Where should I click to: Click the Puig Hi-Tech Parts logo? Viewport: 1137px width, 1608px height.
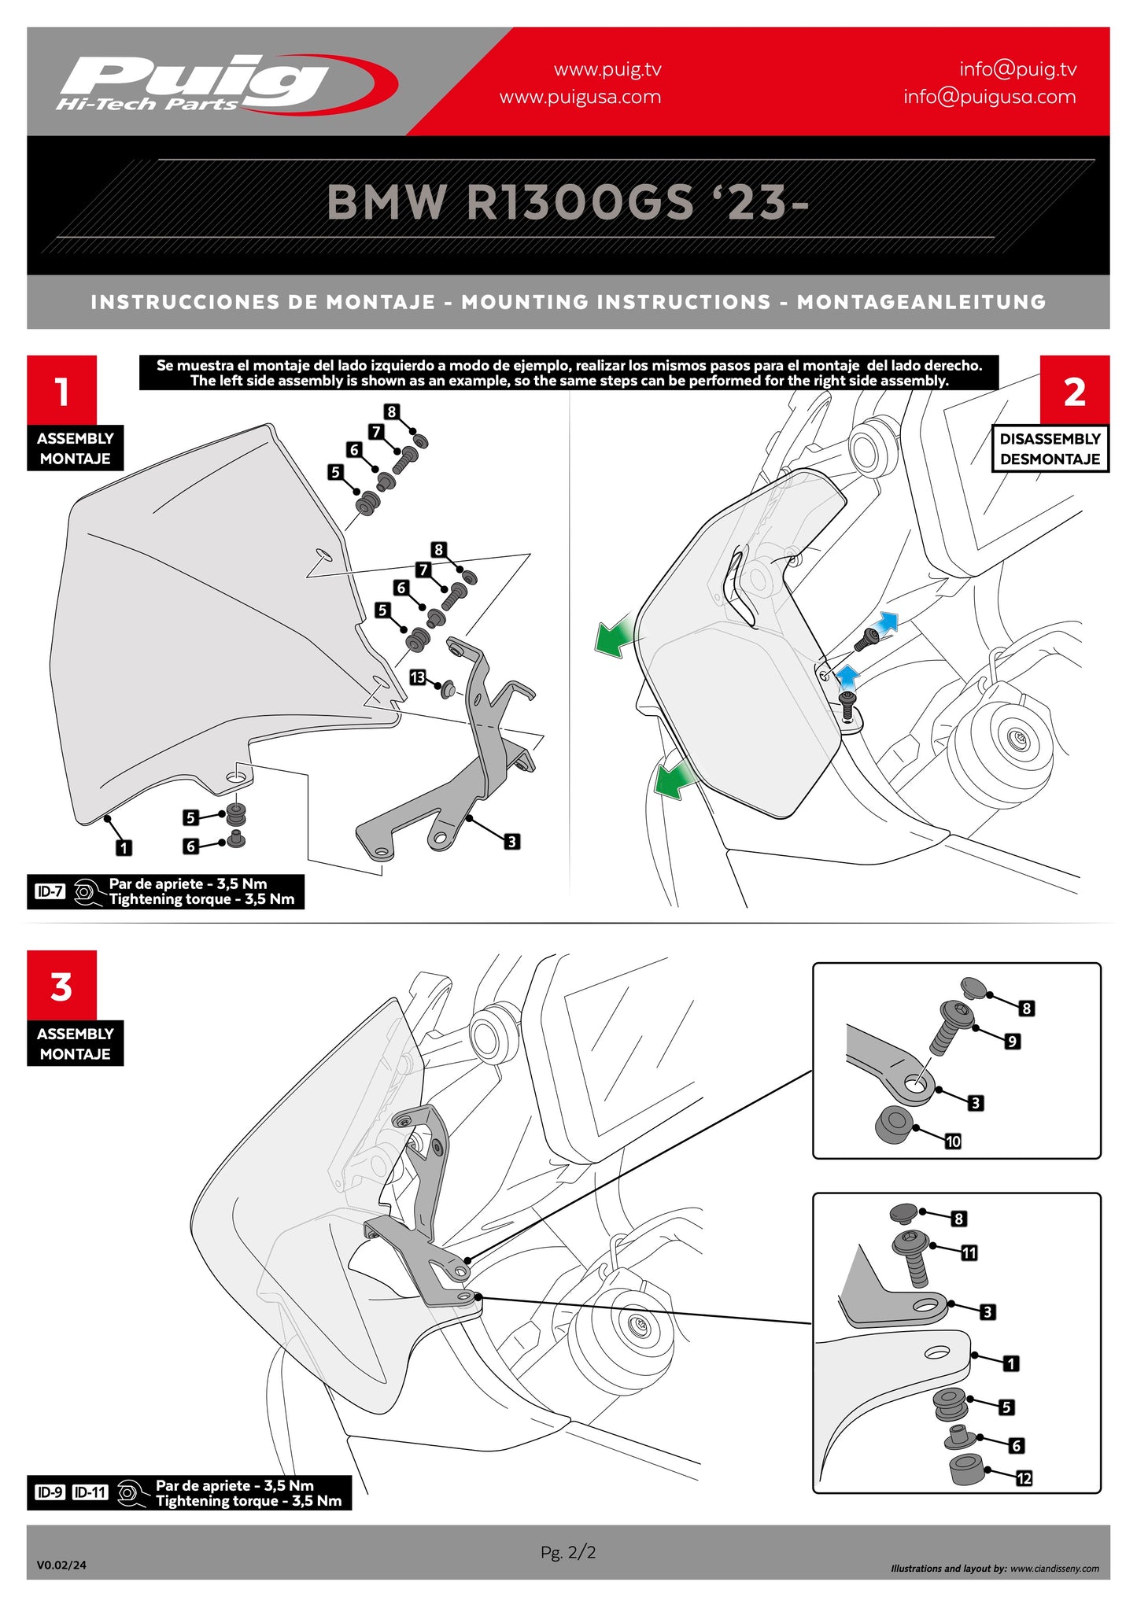click(224, 83)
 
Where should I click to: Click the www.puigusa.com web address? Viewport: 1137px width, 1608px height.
click(580, 97)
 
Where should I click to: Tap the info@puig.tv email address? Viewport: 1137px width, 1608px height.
click(1017, 69)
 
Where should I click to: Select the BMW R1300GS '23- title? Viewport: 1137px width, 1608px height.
click(567, 202)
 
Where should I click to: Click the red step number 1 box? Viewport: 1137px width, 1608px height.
click(61, 390)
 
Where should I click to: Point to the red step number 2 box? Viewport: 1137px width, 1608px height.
click(1074, 390)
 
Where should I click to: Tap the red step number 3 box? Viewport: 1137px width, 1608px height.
click(61, 986)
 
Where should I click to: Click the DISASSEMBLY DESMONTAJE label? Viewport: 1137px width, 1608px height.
click(1050, 448)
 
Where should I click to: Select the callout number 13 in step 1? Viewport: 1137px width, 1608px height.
click(417, 677)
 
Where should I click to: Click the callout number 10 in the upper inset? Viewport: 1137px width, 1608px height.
click(953, 1141)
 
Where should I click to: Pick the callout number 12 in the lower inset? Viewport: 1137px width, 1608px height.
click(1024, 1478)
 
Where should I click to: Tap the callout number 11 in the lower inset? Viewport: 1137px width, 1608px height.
click(969, 1252)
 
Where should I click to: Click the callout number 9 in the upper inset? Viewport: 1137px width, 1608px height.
click(1012, 1041)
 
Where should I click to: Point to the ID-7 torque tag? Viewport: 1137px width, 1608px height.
click(50, 891)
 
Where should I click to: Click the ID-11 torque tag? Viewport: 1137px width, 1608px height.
click(90, 1492)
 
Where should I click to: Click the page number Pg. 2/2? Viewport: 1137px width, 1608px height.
click(568, 1551)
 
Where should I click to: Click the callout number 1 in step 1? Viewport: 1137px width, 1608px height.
click(124, 847)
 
